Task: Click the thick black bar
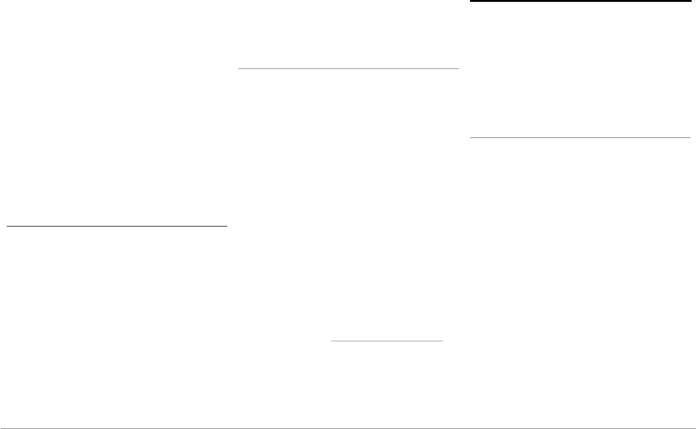point(580,1)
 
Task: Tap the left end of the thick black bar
point(470,1)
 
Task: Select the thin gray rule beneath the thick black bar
point(580,137)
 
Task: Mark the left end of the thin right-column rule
point(470,137)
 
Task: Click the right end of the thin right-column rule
point(690,137)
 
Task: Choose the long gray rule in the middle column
point(349,68)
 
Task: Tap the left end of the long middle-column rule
point(239,68)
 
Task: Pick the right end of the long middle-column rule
point(458,68)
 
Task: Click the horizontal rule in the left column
point(117,227)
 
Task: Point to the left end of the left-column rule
point(7,227)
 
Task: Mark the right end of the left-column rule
point(227,227)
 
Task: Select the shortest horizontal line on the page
point(387,341)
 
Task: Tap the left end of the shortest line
point(331,341)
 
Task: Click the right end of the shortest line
point(443,341)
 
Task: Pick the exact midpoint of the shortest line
point(387,341)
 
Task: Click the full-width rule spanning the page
point(348,428)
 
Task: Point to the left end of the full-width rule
point(1,428)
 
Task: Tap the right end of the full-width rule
point(695,428)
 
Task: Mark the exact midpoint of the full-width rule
point(348,428)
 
